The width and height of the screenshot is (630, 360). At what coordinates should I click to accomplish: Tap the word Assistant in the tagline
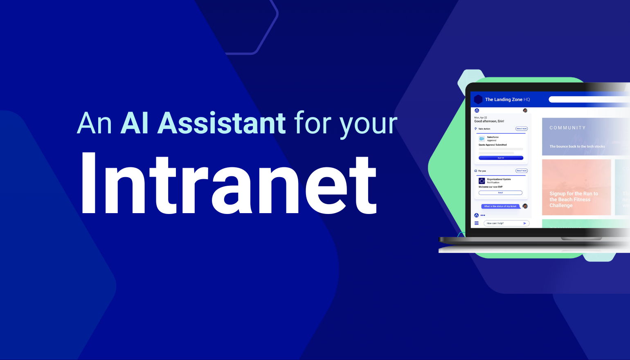[221, 123]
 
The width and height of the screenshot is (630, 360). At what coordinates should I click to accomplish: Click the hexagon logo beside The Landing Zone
[478, 99]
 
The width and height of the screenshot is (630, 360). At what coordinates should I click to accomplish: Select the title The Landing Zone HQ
[507, 99]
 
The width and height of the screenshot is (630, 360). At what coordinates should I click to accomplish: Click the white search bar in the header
[589, 99]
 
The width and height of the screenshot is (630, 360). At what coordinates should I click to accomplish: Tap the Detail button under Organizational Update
[500, 193]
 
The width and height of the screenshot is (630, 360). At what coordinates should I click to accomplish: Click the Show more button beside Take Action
[521, 129]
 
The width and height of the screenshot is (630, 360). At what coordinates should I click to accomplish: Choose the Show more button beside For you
[521, 171]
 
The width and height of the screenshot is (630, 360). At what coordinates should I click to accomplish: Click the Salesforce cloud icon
[482, 139]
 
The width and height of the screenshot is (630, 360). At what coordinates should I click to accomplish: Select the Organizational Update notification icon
[482, 181]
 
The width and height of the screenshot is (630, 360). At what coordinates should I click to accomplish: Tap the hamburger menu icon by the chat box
[477, 223]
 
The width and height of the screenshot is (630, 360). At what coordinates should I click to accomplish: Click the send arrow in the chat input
[525, 223]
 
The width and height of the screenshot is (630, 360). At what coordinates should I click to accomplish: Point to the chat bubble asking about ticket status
[500, 206]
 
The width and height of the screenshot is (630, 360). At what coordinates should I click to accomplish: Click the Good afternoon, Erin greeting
[489, 121]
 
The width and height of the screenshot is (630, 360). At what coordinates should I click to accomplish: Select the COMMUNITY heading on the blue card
[567, 128]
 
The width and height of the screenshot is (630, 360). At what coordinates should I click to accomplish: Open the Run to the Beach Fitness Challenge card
[576, 187]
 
